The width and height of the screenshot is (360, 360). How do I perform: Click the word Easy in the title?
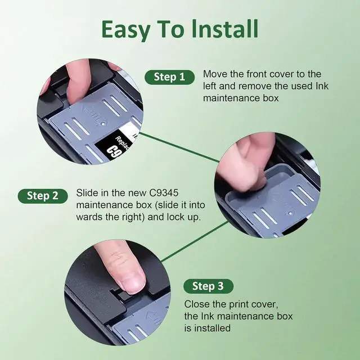click(125, 30)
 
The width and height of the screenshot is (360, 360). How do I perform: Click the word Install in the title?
click(225, 29)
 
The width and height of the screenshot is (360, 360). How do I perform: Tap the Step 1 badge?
click(169, 77)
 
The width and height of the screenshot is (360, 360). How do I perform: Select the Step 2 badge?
click(43, 196)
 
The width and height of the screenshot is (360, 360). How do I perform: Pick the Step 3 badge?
click(208, 286)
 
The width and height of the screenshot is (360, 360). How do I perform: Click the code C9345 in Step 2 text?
click(164, 193)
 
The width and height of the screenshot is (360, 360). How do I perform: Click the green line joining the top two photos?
click(179, 147)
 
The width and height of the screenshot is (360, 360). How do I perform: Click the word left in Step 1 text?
click(209, 86)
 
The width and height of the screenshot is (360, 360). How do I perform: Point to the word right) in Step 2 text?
click(134, 217)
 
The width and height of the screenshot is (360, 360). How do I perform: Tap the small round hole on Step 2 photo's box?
click(290, 213)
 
